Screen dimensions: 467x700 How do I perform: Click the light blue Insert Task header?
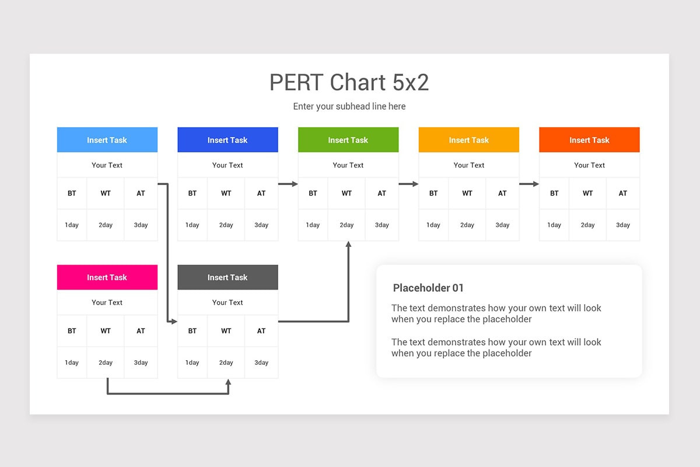click(x=107, y=140)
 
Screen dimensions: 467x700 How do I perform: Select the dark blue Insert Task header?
click(x=228, y=140)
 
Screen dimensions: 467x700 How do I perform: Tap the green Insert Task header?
click(x=348, y=140)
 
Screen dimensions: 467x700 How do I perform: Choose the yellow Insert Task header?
click(x=469, y=140)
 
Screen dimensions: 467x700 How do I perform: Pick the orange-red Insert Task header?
click(x=589, y=140)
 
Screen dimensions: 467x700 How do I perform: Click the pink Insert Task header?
click(x=107, y=277)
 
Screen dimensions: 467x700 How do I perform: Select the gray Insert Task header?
click(x=228, y=277)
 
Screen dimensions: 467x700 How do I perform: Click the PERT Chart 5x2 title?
click(x=349, y=82)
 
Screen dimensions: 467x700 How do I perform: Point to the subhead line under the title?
click(x=349, y=106)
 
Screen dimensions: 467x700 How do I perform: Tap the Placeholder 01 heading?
click(x=428, y=288)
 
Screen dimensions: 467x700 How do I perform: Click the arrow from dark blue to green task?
click(x=288, y=184)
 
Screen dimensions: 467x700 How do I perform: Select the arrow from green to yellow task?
click(x=408, y=184)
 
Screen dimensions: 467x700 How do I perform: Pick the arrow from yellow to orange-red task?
click(x=529, y=184)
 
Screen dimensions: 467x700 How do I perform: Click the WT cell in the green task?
click(x=346, y=193)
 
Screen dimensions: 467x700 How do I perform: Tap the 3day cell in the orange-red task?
click(x=623, y=225)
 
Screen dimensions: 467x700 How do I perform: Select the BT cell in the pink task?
click(x=72, y=331)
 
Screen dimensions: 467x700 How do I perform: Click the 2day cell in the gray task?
click(x=226, y=363)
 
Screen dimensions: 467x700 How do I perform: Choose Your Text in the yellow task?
click(x=469, y=165)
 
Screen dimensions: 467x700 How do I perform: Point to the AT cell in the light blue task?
click(x=141, y=193)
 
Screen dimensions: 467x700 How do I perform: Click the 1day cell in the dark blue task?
click(x=192, y=225)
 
